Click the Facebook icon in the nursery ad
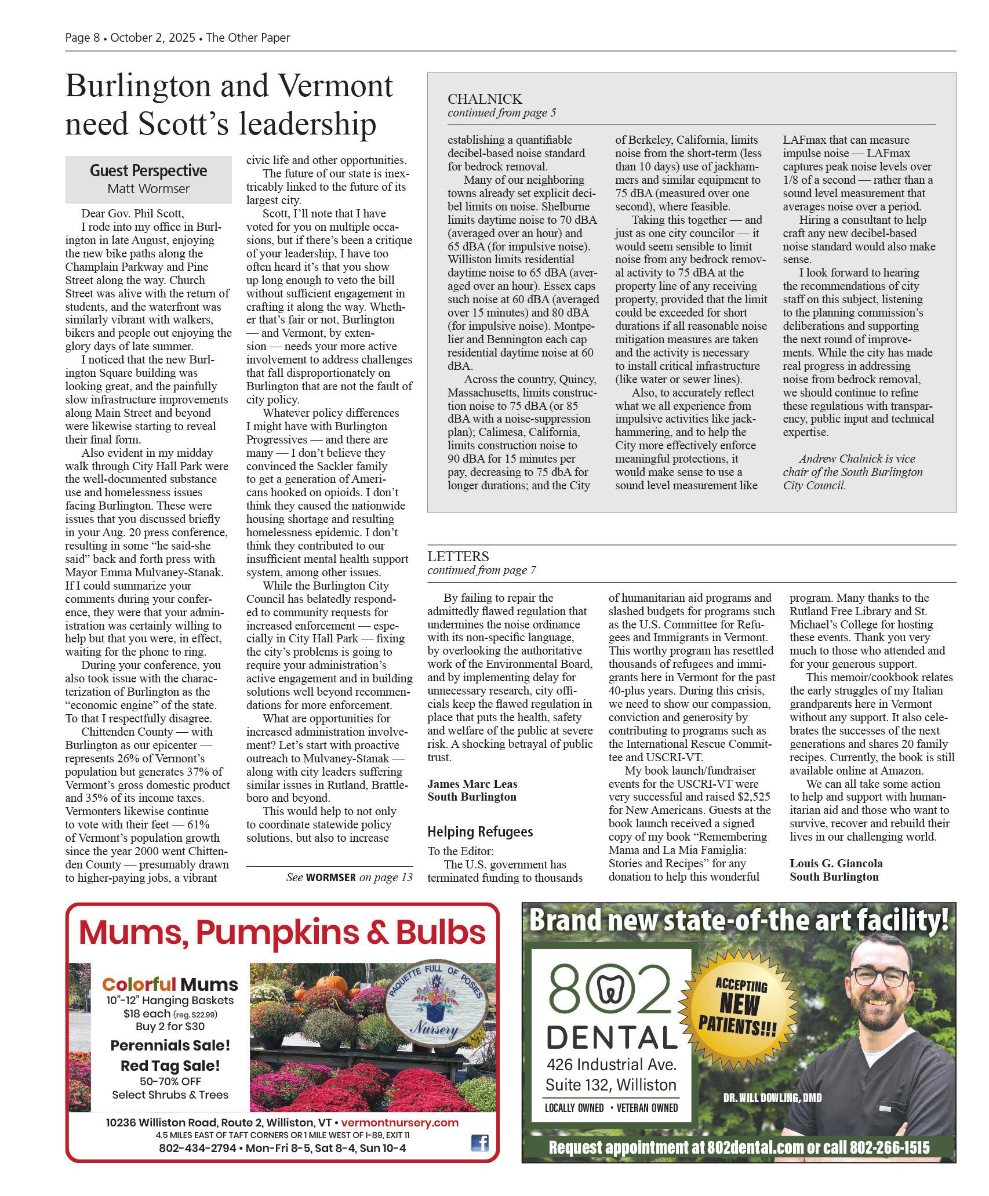[479, 1143]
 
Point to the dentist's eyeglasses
[881, 977]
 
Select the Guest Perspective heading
[148, 170]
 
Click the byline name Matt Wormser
[148, 188]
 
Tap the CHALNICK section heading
[485, 99]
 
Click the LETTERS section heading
[458, 556]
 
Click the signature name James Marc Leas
[472, 784]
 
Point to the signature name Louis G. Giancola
[836, 863]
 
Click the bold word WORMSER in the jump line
[330, 877]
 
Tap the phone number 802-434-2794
[198, 1148]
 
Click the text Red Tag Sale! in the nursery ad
[170, 1066]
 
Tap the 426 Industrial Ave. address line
[612, 1064]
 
